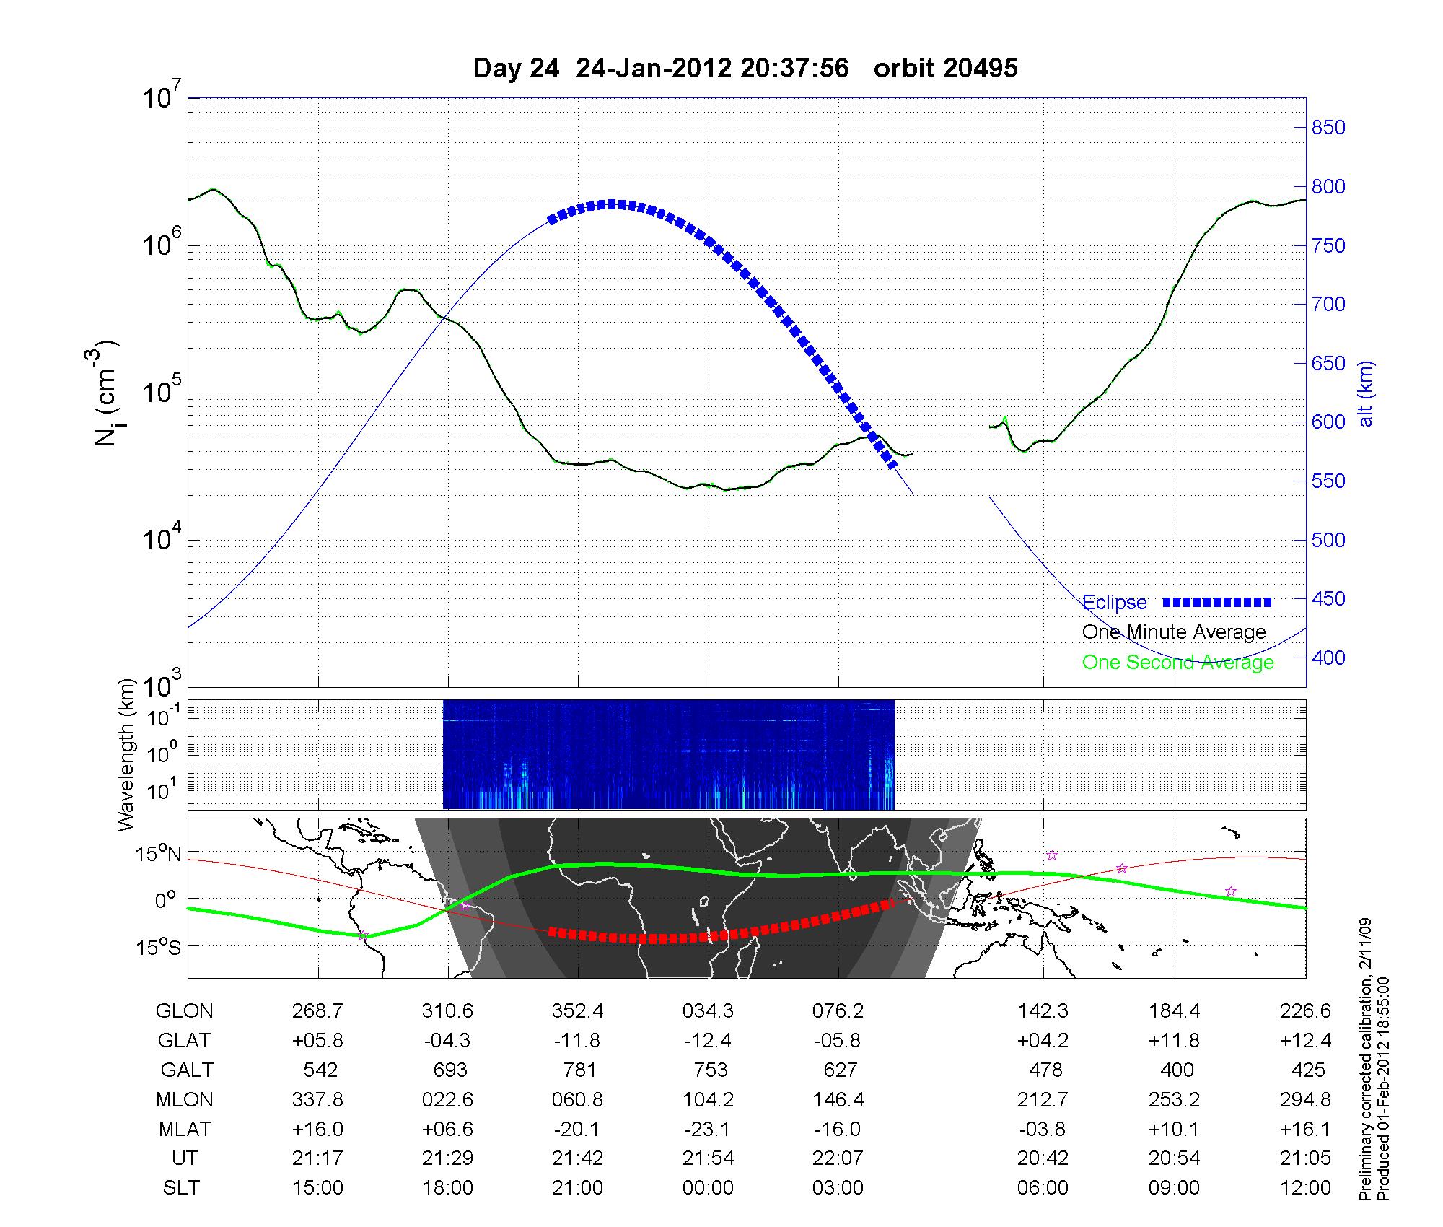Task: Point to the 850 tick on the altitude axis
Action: point(1328,128)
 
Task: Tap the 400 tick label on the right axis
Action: point(1328,658)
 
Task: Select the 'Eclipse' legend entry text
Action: point(1115,603)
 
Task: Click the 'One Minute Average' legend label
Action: point(1174,632)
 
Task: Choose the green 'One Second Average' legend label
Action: point(1177,663)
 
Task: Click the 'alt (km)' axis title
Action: point(1366,393)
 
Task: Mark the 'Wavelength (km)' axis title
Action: point(127,754)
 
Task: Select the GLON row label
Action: point(185,1011)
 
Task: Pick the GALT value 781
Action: point(579,1070)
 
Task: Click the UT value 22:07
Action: point(838,1158)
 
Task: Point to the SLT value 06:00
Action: point(1043,1188)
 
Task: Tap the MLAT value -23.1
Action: point(709,1129)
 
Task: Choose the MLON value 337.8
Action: point(318,1099)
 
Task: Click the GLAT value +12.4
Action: point(1306,1041)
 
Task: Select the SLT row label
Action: point(181,1188)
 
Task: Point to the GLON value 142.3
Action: point(1043,1011)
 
